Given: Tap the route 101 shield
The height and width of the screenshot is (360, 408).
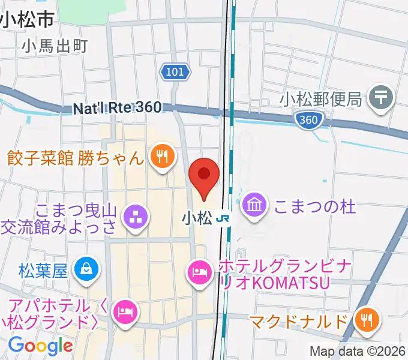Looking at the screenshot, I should pos(175,73).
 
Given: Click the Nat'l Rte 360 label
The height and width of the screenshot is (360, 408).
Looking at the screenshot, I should pos(118,108).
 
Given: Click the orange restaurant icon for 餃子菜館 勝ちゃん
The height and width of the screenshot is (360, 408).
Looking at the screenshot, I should pos(162,158).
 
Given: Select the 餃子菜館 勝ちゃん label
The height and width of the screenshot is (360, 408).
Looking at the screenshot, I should pos(76,158).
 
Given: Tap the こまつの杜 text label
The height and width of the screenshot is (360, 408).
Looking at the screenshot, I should pos(315,207).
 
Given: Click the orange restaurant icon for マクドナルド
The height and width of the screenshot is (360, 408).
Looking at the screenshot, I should pos(366,320).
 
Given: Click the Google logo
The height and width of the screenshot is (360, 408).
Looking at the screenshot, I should pos(40,346).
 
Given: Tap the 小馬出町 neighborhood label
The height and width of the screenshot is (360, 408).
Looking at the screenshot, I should pos(55,45).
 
